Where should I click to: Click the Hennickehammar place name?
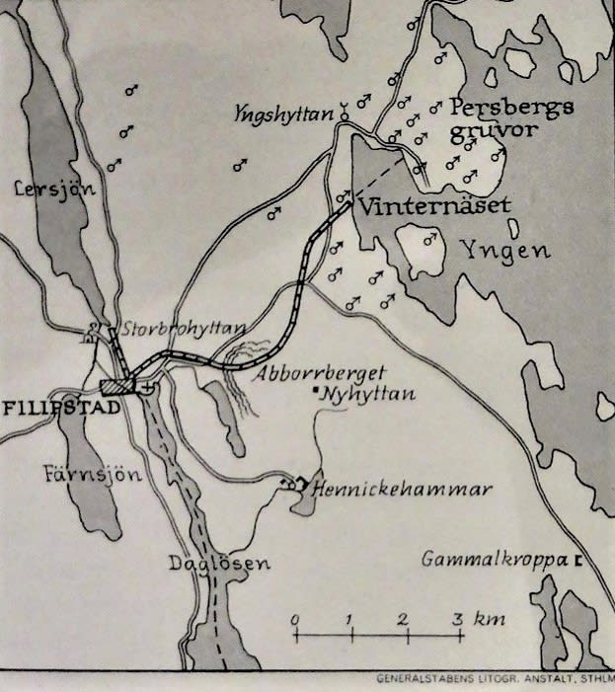400,489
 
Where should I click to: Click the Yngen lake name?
505,251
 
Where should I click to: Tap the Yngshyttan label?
284,114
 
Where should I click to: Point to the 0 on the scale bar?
295,619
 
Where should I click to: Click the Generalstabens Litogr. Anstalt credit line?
494,679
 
